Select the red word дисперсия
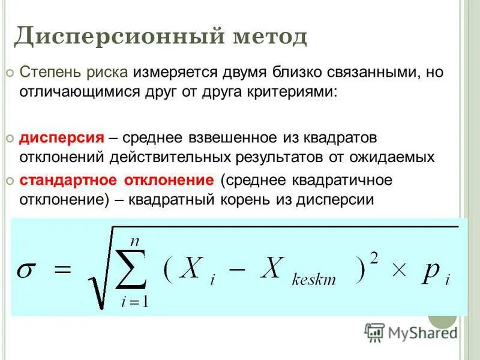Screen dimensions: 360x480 (x=62, y=138)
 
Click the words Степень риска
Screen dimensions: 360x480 (x=74, y=73)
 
